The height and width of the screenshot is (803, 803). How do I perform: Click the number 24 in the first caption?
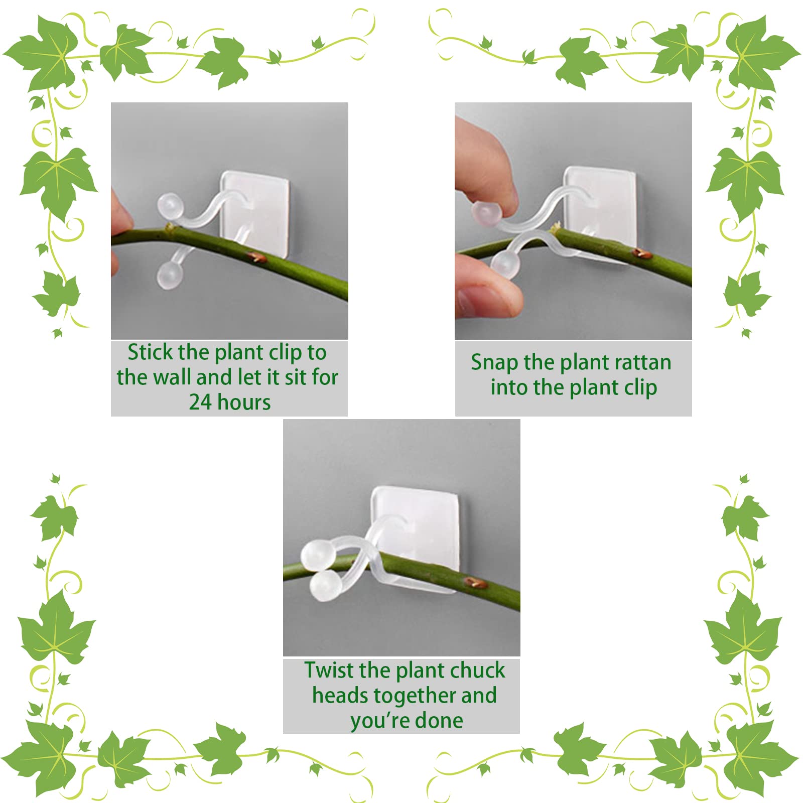[x=200, y=403]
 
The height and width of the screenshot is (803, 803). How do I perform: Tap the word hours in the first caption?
[x=244, y=403]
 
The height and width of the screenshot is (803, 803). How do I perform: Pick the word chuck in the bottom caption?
[x=478, y=671]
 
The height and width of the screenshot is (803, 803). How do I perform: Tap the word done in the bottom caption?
[x=439, y=721]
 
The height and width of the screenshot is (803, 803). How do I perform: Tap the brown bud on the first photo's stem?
[x=256, y=257]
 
